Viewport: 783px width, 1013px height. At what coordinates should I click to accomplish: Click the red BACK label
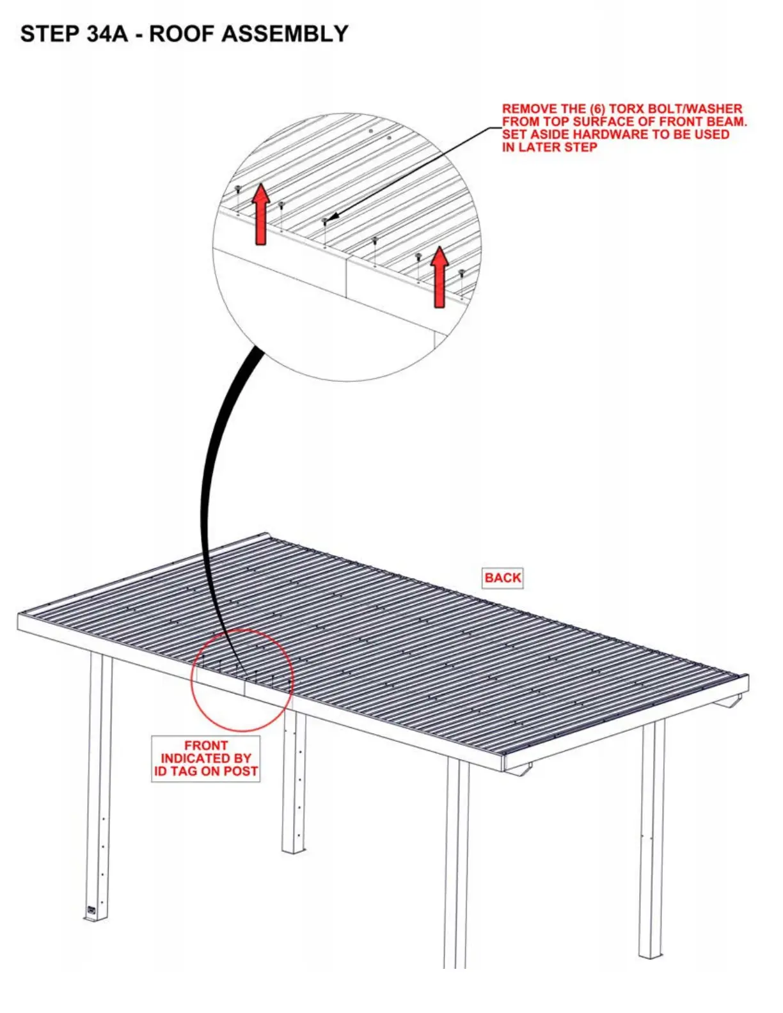click(x=503, y=577)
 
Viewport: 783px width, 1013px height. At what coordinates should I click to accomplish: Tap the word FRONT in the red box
click(x=206, y=746)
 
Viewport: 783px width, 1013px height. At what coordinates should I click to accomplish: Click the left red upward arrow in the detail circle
click(x=260, y=214)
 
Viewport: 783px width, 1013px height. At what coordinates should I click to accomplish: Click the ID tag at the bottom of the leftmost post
click(x=91, y=909)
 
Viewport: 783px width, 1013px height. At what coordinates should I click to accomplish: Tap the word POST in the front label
click(x=241, y=771)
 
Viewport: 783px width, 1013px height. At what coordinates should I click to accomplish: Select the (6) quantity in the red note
click(x=597, y=109)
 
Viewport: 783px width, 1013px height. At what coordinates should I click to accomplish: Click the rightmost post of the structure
click(x=652, y=838)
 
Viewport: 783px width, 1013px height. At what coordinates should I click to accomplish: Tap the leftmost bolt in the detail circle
click(x=238, y=189)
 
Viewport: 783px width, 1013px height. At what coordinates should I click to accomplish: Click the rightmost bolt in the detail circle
click(x=462, y=274)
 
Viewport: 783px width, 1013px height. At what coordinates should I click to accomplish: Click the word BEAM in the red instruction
click(x=726, y=122)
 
